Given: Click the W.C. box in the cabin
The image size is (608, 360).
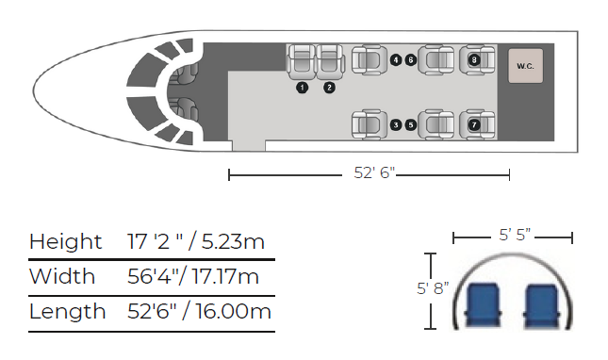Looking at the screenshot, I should tap(524, 66).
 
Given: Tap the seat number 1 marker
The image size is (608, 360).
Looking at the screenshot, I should tap(302, 88).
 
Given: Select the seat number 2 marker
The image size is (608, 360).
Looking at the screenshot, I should tap(329, 88).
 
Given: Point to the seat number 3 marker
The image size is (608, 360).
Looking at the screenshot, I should tap(396, 123).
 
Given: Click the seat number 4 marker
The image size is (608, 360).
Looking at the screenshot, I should tap(396, 60).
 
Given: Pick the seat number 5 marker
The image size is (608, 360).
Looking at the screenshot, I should tap(411, 123).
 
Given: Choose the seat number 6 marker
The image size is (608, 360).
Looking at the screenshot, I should tap(411, 60).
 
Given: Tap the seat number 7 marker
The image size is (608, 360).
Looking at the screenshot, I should tap(473, 123).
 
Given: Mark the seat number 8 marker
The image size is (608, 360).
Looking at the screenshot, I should tap(473, 60).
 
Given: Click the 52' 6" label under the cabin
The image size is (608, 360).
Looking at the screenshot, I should tap(369, 173).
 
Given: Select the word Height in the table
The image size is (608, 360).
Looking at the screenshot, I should tap(65, 241).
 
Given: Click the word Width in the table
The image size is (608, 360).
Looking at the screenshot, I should tap(62, 277).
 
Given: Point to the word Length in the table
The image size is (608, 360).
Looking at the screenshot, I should tap(67, 312).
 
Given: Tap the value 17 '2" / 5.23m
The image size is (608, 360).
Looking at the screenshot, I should tap(196, 241).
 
